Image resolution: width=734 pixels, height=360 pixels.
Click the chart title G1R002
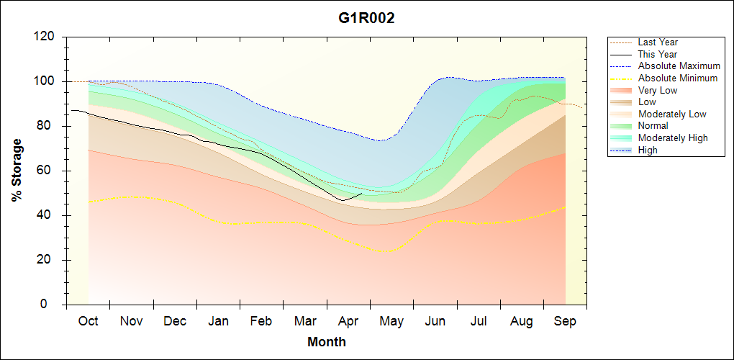[367, 18]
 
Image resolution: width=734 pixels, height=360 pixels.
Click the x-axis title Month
[327, 342]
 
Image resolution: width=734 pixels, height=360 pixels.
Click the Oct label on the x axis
[89, 321]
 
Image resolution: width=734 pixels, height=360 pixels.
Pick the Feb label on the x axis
[262, 321]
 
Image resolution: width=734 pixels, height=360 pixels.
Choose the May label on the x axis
[392, 321]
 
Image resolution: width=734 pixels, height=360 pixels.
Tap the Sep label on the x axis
[566, 321]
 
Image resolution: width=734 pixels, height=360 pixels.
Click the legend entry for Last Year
[658, 42]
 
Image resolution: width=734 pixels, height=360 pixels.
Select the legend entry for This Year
[658, 54]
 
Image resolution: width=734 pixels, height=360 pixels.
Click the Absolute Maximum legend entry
[679, 66]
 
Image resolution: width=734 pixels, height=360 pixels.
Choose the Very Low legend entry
[658, 90]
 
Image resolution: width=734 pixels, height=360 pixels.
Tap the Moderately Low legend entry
[672, 114]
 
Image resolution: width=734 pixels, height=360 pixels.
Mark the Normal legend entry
[653, 126]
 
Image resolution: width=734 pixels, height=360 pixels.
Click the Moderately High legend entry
[673, 138]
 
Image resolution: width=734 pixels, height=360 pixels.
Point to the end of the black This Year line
[362, 193]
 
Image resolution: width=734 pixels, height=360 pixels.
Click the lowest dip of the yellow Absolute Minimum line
[386, 251]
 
